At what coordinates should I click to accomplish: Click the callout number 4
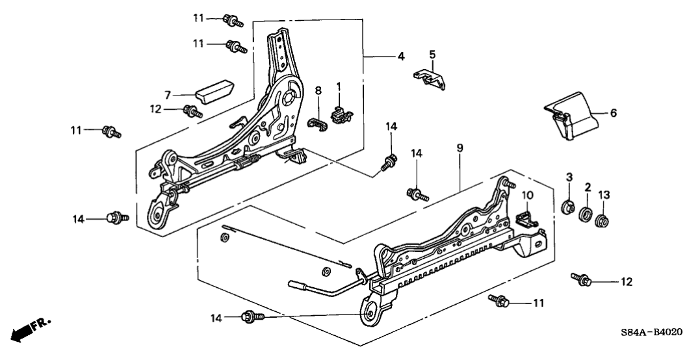click(401, 57)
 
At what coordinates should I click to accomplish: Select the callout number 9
click(460, 149)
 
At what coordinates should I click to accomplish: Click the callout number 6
click(613, 112)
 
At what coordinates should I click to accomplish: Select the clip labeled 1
click(340, 113)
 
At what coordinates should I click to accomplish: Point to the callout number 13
click(604, 194)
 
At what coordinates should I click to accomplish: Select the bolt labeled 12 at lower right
click(580, 280)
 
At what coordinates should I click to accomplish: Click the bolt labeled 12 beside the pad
click(193, 111)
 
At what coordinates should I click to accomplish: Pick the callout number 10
click(527, 195)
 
